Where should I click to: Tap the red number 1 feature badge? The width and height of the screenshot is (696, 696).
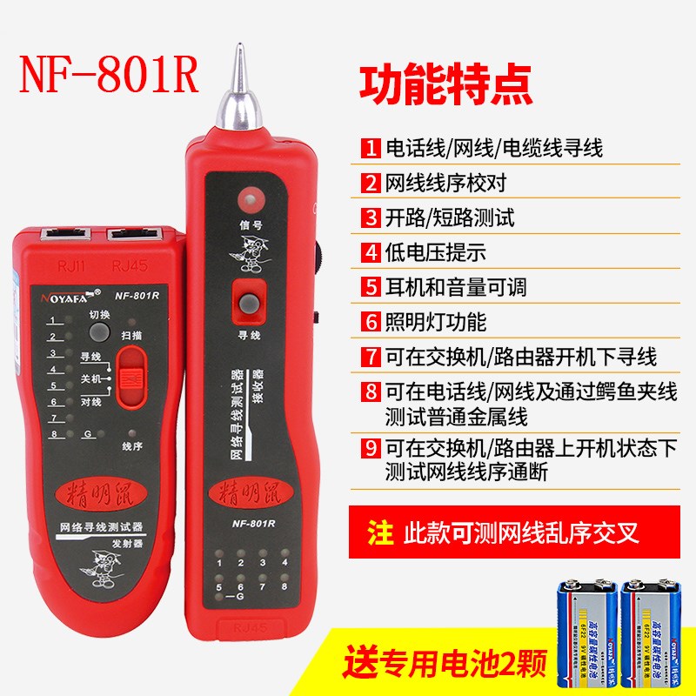tap(371, 148)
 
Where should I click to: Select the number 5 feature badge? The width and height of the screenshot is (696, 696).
tap(371, 285)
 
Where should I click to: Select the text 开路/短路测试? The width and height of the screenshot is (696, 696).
tap(450, 217)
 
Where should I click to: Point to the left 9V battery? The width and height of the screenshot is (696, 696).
tap(575, 625)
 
